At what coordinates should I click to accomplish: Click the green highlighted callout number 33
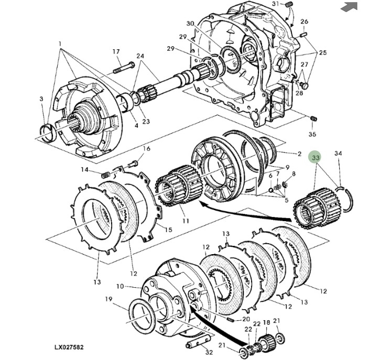pos(316,157)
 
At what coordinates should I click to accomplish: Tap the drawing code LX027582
pos(69,347)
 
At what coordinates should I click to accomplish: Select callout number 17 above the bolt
pos(116,51)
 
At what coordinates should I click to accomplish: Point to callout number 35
pos(312,135)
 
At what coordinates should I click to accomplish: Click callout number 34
pos(338,154)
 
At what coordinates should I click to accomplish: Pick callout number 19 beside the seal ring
pos(108,300)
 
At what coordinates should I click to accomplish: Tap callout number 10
pos(120,287)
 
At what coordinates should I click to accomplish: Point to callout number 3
pos(41,99)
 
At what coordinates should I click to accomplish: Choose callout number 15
pos(168,230)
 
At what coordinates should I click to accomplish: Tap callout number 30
pos(190,24)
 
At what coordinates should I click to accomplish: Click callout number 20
pos(246,320)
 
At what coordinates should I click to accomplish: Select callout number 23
pos(146,122)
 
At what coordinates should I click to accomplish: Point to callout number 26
pos(305,21)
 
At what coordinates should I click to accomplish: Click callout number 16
pos(147,149)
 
